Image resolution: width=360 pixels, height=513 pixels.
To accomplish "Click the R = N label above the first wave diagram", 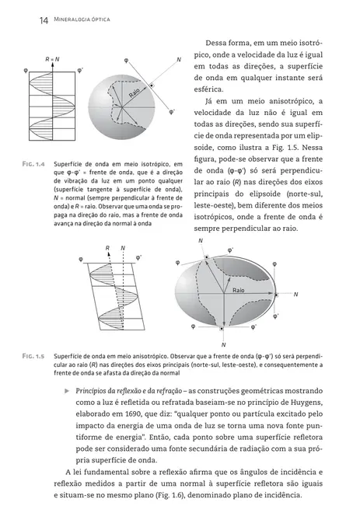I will (x=52, y=59).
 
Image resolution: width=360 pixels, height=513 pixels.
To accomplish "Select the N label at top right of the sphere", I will (x=179, y=60).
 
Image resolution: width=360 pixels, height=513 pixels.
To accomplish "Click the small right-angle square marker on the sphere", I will (x=152, y=84).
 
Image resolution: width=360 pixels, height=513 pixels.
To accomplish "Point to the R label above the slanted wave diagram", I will (x=107, y=249).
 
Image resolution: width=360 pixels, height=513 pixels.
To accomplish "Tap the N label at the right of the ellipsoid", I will (x=295, y=294).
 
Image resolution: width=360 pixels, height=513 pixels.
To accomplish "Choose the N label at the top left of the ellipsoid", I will (x=201, y=242).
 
